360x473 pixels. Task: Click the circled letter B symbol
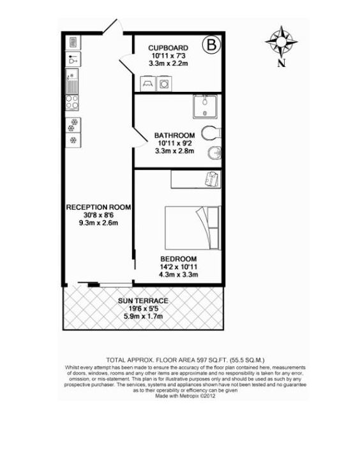(x=211, y=45)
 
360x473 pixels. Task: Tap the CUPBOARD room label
(x=168, y=48)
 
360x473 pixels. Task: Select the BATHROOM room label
(x=174, y=135)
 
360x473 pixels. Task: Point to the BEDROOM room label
(x=178, y=259)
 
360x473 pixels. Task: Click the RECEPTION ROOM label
(x=98, y=207)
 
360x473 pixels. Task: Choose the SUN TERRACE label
(x=143, y=301)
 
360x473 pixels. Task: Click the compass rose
(x=281, y=41)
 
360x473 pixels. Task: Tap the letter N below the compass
(x=281, y=63)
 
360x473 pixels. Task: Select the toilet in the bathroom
(x=211, y=133)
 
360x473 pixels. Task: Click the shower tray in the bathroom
(x=205, y=106)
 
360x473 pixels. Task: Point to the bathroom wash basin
(x=214, y=154)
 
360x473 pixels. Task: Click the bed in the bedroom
(x=193, y=228)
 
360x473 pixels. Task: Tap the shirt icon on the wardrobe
(x=213, y=179)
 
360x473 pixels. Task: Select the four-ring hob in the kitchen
(x=72, y=102)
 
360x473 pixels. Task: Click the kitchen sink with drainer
(x=72, y=81)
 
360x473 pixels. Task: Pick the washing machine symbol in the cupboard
(x=164, y=84)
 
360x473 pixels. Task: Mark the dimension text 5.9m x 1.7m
(x=143, y=316)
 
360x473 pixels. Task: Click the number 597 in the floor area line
(x=201, y=360)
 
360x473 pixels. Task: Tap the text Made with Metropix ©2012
(x=185, y=396)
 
